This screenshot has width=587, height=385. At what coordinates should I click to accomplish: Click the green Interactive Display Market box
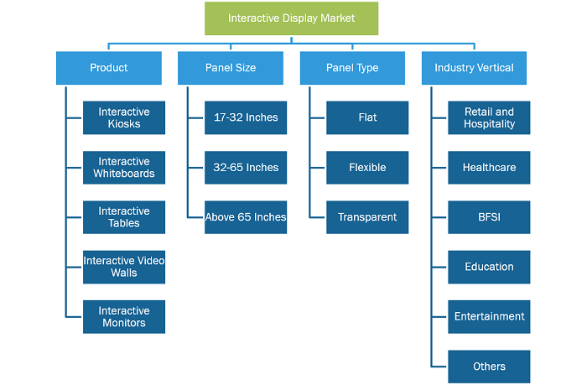click(x=291, y=18)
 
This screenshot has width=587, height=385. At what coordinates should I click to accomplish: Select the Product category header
click(x=109, y=68)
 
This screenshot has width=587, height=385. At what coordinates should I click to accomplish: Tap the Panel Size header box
click(x=231, y=68)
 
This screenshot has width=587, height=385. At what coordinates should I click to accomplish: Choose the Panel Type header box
click(x=352, y=68)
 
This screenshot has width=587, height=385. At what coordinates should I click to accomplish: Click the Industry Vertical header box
click(x=474, y=68)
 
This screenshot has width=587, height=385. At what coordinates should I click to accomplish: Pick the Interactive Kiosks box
click(x=124, y=117)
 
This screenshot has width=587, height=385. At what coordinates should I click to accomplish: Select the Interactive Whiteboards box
click(x=124, y=168)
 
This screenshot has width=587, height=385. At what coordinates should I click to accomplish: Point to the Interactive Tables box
click(x=124, y=217)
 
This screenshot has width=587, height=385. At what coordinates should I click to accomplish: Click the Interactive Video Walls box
click(x=124, y=267)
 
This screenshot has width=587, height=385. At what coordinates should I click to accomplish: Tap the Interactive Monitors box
click(x=124, y=317)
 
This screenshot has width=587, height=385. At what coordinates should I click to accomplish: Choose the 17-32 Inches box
click(x=246, y=117)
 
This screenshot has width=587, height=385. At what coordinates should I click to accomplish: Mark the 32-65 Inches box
click(x=246, y=168)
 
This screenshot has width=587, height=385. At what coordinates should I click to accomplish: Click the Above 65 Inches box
click(x=246, y=217)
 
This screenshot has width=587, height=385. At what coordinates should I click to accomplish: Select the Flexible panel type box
click(x=367, y=168)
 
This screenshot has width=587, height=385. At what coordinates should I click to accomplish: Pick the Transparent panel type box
click(x=367, y=217)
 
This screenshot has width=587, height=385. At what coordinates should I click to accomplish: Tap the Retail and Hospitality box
click(x=489, y=117)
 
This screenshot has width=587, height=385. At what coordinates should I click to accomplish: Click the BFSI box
click(x=489, y=217)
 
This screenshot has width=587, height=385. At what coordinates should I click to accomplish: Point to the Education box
click(x=489, y=267)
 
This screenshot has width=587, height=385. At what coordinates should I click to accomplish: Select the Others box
click(x=489, y=367)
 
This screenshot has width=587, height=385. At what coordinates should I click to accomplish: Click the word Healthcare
click(x=489, y=168)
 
